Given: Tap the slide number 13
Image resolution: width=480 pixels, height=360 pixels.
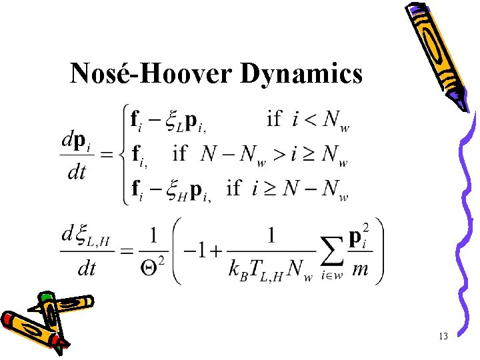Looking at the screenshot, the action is pyautogui.click(x=443, y=336).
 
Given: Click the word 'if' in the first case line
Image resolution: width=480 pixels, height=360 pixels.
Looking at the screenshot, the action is pyautogui.click(x=273, y=119).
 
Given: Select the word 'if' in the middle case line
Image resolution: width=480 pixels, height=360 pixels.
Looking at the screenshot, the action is pyautogui.click(x=180, y=155).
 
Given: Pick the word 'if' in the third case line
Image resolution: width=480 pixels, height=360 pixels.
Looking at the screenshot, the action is pyautogui.click(x=234, y=189).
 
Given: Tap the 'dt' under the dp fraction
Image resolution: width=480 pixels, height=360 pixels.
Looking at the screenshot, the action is pyautogui.click(x=77, y=173).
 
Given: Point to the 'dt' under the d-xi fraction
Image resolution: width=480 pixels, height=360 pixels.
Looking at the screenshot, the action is pyautogui.click(x=77, y=268).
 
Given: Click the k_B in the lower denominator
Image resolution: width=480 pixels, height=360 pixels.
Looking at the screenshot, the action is pyautogui.click(x=239, y=270).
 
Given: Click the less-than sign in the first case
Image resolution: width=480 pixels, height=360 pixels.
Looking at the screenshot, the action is pyautogui.click(x=311, y=120).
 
